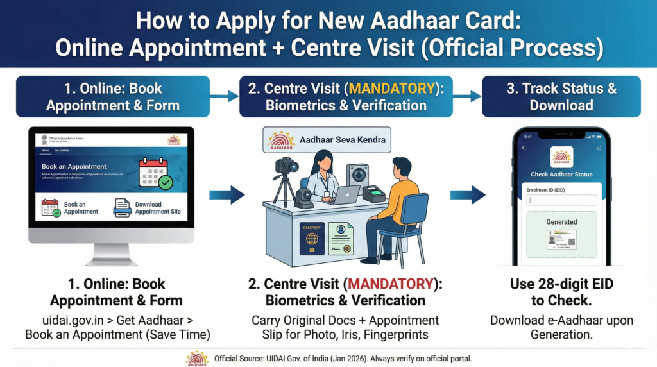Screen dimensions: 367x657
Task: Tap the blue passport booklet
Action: pyautogui.click(x=312, y=239)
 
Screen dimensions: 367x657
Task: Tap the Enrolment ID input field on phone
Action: pyautogui.click(x=561, y=200)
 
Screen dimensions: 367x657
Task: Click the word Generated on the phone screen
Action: pyautogui.click(x=561, y=222)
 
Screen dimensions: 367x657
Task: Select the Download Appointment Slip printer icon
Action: pyautogui.click(x=122, y=208)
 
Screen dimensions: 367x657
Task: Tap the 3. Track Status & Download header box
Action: pyautogui.click(x=561, y=96)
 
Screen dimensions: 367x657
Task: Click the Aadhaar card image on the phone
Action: pyautogui.click(x=561, y=241)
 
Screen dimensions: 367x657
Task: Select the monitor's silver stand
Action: pyautogui.click(x=111, y=253)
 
